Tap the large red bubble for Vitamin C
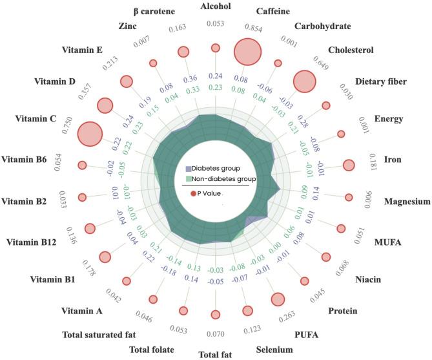click(90, 134)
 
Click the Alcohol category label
click(216, 8)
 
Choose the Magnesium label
click(407, 202)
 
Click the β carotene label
click(151, 10)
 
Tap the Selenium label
click(274, 350)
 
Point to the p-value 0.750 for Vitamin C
click(67, 125)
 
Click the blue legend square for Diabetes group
click(181, 167)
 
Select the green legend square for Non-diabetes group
click(181, 178)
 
